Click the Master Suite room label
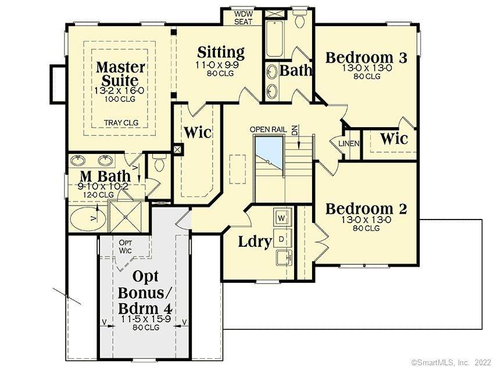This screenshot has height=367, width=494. (x=120, y=74)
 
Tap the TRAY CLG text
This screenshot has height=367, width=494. (x=121, y=123)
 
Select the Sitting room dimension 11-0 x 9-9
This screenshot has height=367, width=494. (x=217, y=65)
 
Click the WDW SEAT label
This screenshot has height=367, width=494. (x=243, y=18)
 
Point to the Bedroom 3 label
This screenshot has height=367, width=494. (x=366, y=57)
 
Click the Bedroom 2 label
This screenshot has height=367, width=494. (x=366, y=208)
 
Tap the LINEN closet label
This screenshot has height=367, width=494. (x=349, y=143)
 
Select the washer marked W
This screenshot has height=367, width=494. (x=282, y=218)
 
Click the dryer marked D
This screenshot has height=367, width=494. (x=282, y=239)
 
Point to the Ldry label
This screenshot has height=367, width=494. (x=255, y=242)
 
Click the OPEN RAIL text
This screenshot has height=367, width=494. (x=268, y=129)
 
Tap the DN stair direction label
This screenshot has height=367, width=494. (x=295, y=130)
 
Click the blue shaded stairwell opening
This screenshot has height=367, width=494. (x=269, y=154)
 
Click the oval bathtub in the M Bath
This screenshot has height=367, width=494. (x=88, y=218)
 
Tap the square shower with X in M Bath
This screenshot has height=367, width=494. (x=126, y=217)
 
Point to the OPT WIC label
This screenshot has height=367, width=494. (x=125, y=247)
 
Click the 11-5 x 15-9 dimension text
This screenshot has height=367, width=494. (x=146, y=319)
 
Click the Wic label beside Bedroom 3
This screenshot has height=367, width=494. (x=393, y=138)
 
